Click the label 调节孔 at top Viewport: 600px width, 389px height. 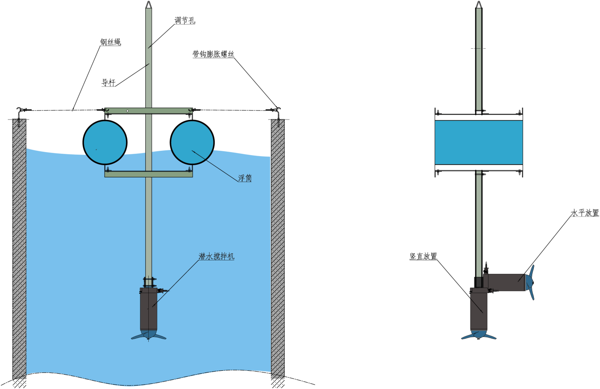[x=185, y=20]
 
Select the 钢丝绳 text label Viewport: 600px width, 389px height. [x=110, y=42]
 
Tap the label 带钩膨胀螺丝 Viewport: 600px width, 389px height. [x=213, y=54]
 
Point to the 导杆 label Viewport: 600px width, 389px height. [x=108, y=83]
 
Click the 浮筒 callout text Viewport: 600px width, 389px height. [x=245, y=178]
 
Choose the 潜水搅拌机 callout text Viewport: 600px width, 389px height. [x=217, y=256]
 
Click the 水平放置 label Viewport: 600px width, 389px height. [x=585, y=213]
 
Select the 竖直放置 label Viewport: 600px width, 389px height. [x=423, y=256]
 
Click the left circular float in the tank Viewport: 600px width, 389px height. [x=105, y=143]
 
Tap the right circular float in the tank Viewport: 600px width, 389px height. [x=192, y=143]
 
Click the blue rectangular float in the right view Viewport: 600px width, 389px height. [x=479, y=143]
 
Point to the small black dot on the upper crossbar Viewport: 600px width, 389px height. [x=127, y=111]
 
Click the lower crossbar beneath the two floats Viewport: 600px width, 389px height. [x=148, y=174]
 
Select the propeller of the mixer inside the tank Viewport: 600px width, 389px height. [x=149, y=335]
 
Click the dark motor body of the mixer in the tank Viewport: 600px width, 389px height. [x=149, y=309]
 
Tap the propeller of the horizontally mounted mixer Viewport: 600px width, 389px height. [x=530, y=283]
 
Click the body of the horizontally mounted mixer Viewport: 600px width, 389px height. [x=504, y=283]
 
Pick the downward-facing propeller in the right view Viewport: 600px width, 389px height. [x=479, y=335]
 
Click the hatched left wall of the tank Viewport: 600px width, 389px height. [x=19, y=248]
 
